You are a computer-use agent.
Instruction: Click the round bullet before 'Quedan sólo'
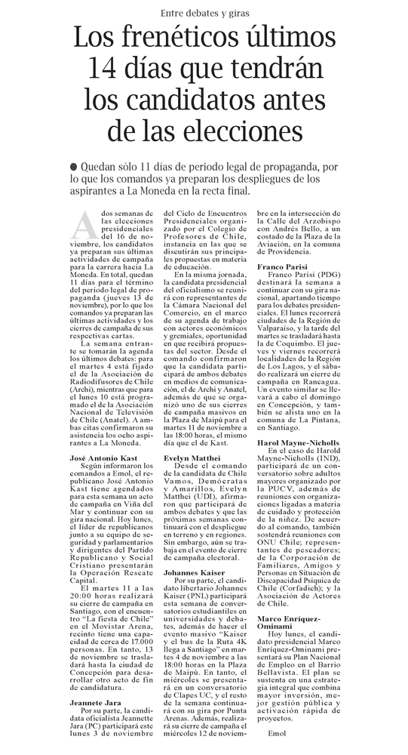(x=72, y=166)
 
